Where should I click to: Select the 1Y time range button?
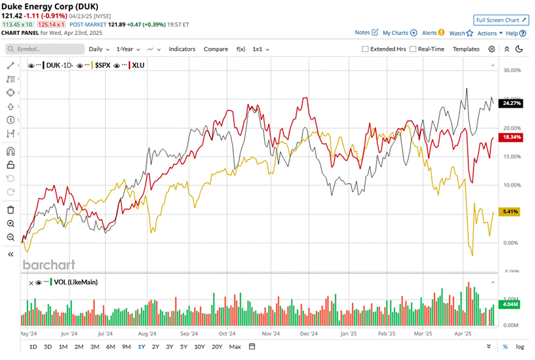pos(141,347)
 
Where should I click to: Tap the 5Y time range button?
pos(184,347)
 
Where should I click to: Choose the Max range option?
pos(235,347)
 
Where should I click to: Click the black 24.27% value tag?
pos(512,103)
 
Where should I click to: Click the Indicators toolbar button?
pos(182,49)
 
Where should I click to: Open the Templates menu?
pos(466,49)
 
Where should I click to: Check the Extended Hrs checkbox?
pos(366,49)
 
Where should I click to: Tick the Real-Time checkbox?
pos(413,49)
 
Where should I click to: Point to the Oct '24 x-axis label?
pos(223,334)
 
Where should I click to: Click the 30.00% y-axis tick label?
pos(512,70)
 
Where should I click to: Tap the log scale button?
pos(521,347)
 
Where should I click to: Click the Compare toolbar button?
pos(215,49)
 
